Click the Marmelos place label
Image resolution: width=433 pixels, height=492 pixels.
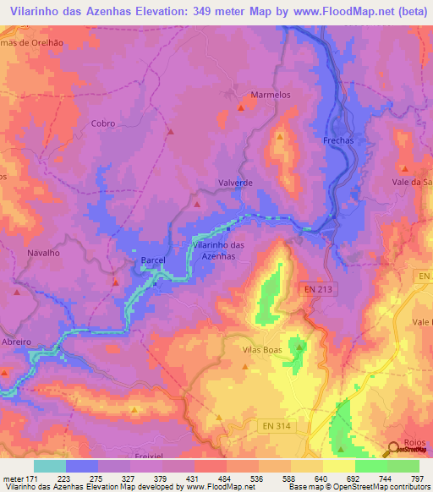point(271,95)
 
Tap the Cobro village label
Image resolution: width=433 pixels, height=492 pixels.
point(102,123)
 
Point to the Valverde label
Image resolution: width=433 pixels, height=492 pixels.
point(236,183)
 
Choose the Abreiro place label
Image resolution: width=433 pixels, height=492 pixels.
point(16,342)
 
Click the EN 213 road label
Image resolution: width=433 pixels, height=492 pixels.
point(318,290)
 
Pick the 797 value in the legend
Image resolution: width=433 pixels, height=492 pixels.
point(418,478)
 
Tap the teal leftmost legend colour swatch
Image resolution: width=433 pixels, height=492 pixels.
point(50,466)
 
